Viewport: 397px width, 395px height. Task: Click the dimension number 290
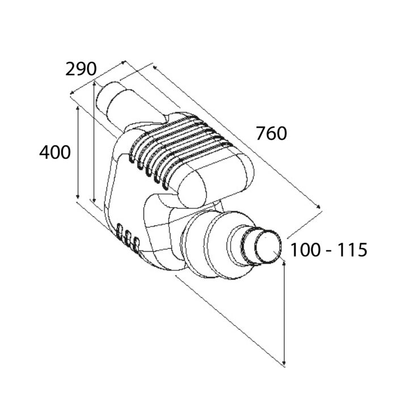pos(81,69)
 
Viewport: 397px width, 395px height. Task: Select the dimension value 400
pos(55,152)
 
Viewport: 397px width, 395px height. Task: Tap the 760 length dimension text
pos(272,133)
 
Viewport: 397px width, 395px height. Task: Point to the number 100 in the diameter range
pos(305,250)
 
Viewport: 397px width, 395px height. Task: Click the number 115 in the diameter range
pos(353,250)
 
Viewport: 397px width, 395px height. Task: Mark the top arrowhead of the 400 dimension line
pos(78,109)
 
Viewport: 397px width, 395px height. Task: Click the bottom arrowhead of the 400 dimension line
pos(78,196)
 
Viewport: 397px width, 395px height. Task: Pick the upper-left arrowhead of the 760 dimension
pos(155,68)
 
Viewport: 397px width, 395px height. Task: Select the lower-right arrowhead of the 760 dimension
pos(319,207)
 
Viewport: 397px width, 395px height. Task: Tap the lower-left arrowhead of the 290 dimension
pos(73,93)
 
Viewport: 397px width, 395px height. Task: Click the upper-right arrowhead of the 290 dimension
pos(123,62)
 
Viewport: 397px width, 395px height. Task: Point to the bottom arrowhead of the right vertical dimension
pos(284,363)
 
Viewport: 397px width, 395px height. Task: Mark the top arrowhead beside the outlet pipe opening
pos(284,264)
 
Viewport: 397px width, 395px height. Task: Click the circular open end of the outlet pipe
pos(268,246)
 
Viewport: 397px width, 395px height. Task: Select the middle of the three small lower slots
pos(128,238)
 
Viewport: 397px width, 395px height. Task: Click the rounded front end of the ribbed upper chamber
pos(192,188)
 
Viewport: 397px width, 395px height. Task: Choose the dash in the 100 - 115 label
pos(329,251)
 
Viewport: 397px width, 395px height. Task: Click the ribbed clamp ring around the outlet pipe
pos(248,246)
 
